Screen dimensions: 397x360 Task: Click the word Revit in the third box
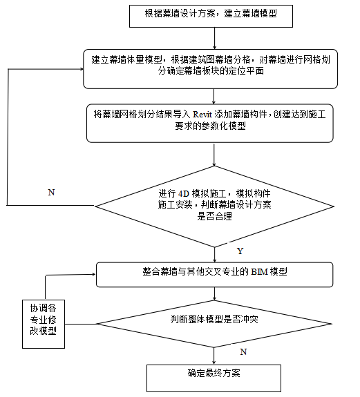click(206, 116)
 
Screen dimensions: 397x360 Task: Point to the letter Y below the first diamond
click(240, 249)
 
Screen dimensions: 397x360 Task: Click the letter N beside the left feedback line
click(51, 193)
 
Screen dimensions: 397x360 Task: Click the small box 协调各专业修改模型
click(44, 318)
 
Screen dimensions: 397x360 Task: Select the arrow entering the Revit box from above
click(215, 97)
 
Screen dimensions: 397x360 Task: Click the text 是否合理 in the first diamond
click(216, 215)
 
